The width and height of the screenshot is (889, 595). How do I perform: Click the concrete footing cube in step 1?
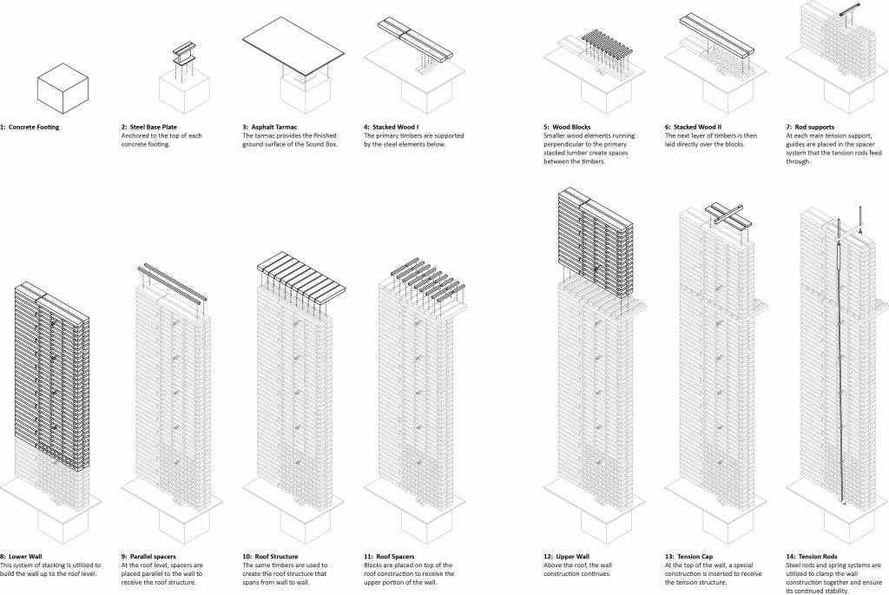pos(63,88)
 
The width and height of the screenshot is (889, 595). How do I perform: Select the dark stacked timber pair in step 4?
pos(413,39)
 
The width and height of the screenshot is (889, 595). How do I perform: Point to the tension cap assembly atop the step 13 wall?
pos(727,213)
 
